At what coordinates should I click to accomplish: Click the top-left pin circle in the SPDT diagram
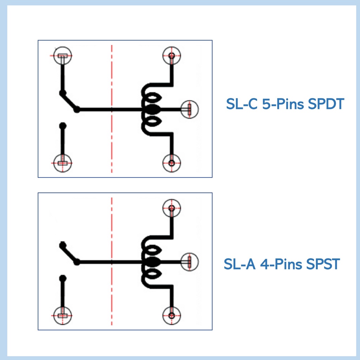point(63,56)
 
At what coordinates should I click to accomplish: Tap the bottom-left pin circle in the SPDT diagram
point(63,163)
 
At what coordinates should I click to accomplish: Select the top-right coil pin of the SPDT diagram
point(172,56)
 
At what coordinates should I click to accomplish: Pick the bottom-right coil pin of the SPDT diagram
point(172,163)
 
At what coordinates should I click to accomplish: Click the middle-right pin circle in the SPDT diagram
point(189,109)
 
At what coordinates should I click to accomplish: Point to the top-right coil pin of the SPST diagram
point(172,208)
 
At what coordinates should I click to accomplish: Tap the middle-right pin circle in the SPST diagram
point(189,261)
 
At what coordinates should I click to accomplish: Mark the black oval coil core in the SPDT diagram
point(152,110)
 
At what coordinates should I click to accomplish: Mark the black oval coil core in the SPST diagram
point(152,262)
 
